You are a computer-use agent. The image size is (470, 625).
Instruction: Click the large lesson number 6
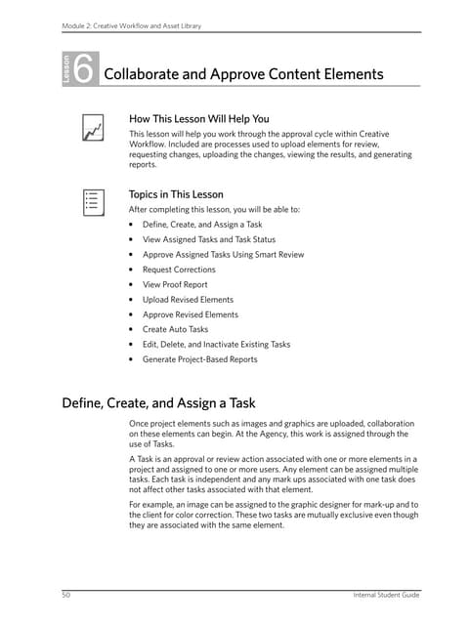pos(84,71)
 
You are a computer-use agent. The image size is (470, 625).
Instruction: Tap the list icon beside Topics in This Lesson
pos(93,202)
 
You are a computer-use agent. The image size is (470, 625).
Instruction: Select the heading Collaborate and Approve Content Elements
pos(243,74)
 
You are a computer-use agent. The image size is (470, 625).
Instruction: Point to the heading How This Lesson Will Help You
pos(199,119)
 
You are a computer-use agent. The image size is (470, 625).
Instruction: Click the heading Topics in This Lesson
pos(177,193)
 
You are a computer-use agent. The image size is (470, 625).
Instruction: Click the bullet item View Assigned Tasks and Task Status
pos(208,239)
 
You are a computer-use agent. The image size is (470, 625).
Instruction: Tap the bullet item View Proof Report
pos(181,284)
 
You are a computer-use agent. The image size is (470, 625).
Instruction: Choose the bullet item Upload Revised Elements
pos(189,300)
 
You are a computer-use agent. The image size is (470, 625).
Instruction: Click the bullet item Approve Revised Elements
pos(191,314)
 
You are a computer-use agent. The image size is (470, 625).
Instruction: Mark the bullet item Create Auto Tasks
pos(176,329)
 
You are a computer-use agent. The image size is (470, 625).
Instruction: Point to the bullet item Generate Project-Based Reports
pos(200,359)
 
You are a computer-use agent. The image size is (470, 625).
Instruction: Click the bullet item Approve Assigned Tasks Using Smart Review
pos(223,255)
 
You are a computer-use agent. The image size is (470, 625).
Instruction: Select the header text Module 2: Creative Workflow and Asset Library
pos(131,25)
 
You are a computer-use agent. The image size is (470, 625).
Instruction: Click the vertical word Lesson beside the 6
pos(66,72)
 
